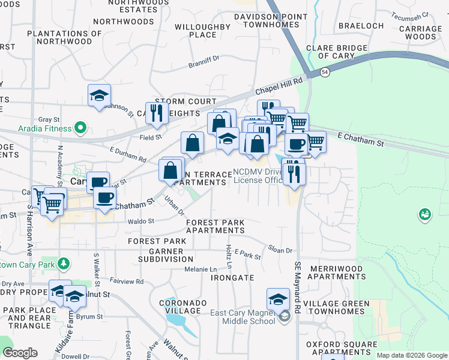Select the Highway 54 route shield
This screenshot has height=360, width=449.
(324, 72)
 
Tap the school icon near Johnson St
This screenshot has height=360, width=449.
(99, 95)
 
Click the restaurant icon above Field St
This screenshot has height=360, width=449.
(157, 112)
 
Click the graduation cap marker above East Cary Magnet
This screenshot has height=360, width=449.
(278, 299)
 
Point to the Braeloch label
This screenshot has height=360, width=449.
(361, 26)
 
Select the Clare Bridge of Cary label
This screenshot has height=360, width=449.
(336, 52)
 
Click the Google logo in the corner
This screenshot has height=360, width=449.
(20, 352)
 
